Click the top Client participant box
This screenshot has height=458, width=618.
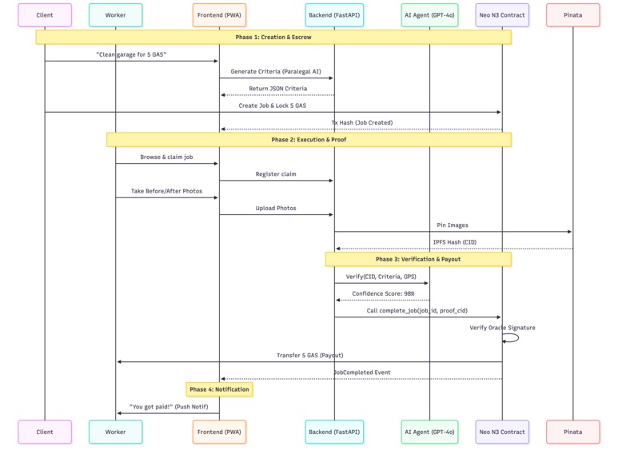pyautogui.click(x=45, y=15)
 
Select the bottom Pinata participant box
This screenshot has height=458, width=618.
pyautogui.click(x=572, y=432)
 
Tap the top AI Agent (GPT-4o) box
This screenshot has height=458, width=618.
pyautogui.click(x=429, y=15)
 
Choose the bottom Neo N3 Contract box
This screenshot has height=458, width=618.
pyautogui.click(x=502, y=432)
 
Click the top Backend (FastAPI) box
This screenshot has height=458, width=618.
pyautogui.click(x=334, y=15)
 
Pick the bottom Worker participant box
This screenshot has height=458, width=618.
pyautogui.click(x=115, y=432)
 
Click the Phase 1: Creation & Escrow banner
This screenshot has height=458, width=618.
pyautogui.click(x=273, y=37)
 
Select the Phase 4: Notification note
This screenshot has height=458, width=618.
pyautogui.click(x=219, y=389)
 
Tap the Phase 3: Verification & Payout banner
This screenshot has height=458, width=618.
pyautogui.click(x=418, y=259)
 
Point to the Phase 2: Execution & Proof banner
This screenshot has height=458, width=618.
pyautogui.click(x=309, y=140)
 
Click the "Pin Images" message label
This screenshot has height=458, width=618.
pyautogui.click(x=453, y=225)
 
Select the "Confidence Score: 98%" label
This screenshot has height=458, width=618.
pyautogui.click(x=383, y=293)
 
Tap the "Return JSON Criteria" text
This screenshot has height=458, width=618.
pyautogui.click(x=278, y=89)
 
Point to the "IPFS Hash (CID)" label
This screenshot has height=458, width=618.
pyautogui.click(x=455, y=242)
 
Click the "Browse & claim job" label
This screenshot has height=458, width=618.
pyautogui.click(x=166, y=157)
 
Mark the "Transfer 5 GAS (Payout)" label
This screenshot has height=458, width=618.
pyautogui.click(x=309, y=355)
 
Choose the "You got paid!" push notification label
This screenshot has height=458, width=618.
pyautogui.click(x=169, y=406)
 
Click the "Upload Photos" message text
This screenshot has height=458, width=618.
pyautogui.click(x=276, y=208)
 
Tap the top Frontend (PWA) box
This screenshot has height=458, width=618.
pyautogui.click(x=219, y=15)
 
